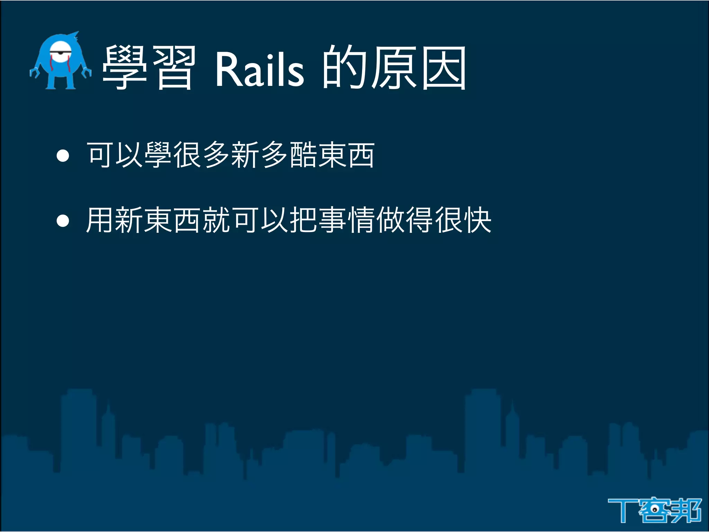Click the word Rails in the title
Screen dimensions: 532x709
point(259,69)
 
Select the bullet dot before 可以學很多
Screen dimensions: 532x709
point(63,156)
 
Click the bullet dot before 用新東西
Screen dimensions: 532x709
point(63,221)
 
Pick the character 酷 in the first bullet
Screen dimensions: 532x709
point(303,156)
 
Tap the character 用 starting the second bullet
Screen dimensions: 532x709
point(100,220)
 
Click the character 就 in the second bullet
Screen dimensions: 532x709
point(216,220)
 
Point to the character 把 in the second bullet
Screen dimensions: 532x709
point(304,220)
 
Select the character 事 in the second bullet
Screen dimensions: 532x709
point(333,220)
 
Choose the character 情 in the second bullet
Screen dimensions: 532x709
point(362,220)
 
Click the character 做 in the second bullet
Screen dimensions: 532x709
point(391,220)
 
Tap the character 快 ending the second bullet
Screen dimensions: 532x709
point(478,220)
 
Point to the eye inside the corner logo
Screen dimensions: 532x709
point(655,509)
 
